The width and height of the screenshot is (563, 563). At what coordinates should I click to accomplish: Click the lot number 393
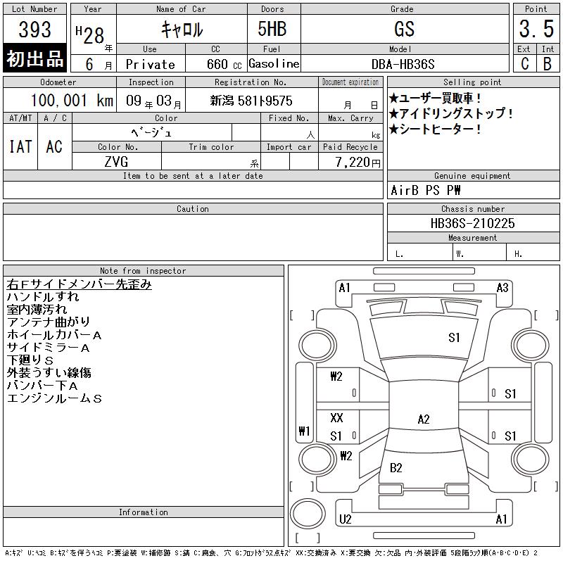(34, 30)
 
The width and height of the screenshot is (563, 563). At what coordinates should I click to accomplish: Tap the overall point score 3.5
(536, 29)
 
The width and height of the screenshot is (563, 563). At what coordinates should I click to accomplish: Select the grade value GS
(404, 29)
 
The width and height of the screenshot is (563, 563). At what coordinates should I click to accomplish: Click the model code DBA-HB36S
(403, 64)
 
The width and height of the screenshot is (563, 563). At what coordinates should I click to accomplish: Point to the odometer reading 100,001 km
(72, 100)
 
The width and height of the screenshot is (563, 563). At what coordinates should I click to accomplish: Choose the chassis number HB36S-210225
(472, 223)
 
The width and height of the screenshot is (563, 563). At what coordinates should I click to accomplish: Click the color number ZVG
(116, 162)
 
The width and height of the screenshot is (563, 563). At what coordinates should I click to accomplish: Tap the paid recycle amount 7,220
(353, 163)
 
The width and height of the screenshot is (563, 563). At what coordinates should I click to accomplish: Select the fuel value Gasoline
(274, 63)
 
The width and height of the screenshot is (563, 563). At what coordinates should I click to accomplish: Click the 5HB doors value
(272, 29)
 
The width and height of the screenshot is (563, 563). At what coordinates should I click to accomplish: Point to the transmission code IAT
(20, 146)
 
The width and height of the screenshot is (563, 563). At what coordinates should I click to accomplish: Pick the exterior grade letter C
(524, 64)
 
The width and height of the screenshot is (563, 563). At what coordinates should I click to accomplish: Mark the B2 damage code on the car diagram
(396, 468)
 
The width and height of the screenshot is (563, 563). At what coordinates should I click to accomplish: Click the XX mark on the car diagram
(336, 417)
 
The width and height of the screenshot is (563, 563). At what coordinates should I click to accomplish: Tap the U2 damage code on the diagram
(345, 519)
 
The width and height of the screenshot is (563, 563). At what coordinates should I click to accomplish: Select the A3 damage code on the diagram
(502, 288)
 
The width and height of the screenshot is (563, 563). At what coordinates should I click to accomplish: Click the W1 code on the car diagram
(304, 431)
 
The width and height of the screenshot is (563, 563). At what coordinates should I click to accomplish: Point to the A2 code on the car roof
(424, 419)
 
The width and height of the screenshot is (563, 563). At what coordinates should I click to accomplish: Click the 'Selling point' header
(472, 82)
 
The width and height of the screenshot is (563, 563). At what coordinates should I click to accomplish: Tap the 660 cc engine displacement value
(224, 64)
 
